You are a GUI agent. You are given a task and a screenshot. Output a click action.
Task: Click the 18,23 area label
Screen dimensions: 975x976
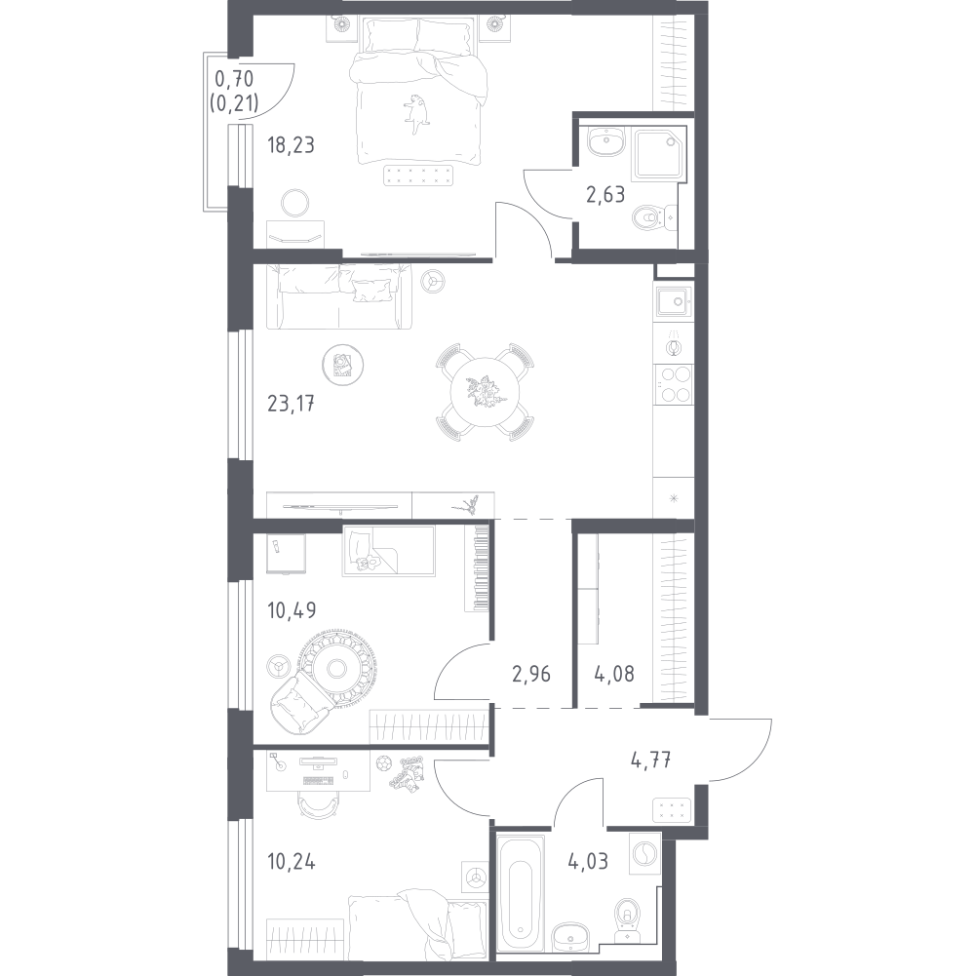click(291, 145)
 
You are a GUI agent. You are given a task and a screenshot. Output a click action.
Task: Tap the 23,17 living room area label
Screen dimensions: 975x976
click(291, 405)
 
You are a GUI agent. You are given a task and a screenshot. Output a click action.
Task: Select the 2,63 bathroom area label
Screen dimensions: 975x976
click(605, 195)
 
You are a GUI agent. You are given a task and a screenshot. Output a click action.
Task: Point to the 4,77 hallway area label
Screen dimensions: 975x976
click(650, 760)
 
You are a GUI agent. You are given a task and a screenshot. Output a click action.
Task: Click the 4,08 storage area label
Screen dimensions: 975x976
click(614, 674)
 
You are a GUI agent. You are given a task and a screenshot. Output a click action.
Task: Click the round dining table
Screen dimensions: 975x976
click(485, 392)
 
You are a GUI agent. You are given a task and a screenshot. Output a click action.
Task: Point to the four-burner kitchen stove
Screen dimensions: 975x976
click(674, 385)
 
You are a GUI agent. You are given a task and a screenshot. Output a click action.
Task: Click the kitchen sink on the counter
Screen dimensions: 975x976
click(674, 302)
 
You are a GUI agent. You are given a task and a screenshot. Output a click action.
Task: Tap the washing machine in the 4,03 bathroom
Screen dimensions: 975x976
click(645, 852)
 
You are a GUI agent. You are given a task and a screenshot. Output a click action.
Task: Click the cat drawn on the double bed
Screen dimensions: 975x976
click(416, 112)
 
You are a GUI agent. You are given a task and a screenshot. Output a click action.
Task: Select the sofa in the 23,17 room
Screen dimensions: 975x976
click(339, 296)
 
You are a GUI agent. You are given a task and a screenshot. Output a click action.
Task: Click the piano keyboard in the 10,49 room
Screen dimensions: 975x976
click(480, 567)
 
